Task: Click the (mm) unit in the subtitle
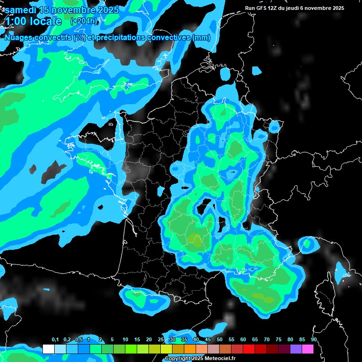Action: coord(201,38)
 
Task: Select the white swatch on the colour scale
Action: coord(48,349)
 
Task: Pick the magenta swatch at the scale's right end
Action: coord(308,349)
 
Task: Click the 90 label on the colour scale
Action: coord(313,339)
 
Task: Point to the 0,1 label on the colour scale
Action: coord(55,339)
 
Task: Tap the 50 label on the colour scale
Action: coord(220,339)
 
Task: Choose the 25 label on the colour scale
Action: coord(161,339)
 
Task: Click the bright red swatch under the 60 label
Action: coord(249,349)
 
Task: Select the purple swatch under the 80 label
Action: coord(296,349)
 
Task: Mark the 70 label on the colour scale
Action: coord(267,339)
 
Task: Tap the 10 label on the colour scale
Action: coord(125,339)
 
